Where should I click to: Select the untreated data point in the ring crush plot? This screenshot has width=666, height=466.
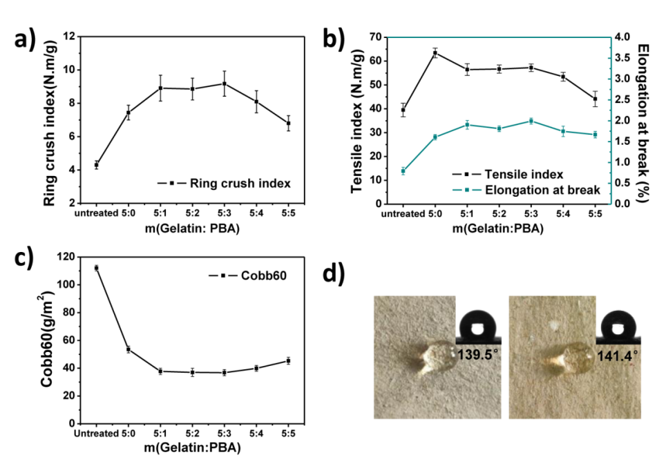tap(97, 165)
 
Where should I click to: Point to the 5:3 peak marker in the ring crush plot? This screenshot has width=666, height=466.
tap(224, 84)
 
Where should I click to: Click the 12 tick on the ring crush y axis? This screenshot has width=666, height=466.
tap(69, 36)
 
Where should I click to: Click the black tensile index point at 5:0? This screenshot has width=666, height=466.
tap(435, 52)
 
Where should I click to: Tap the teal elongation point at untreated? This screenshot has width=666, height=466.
tap(403, 171)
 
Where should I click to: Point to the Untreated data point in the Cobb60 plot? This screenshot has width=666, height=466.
tap(97, 268)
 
